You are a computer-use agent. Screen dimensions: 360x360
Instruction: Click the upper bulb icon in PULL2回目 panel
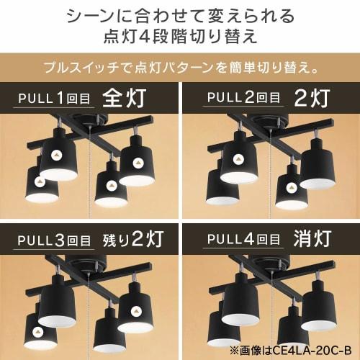pos(238,155)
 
